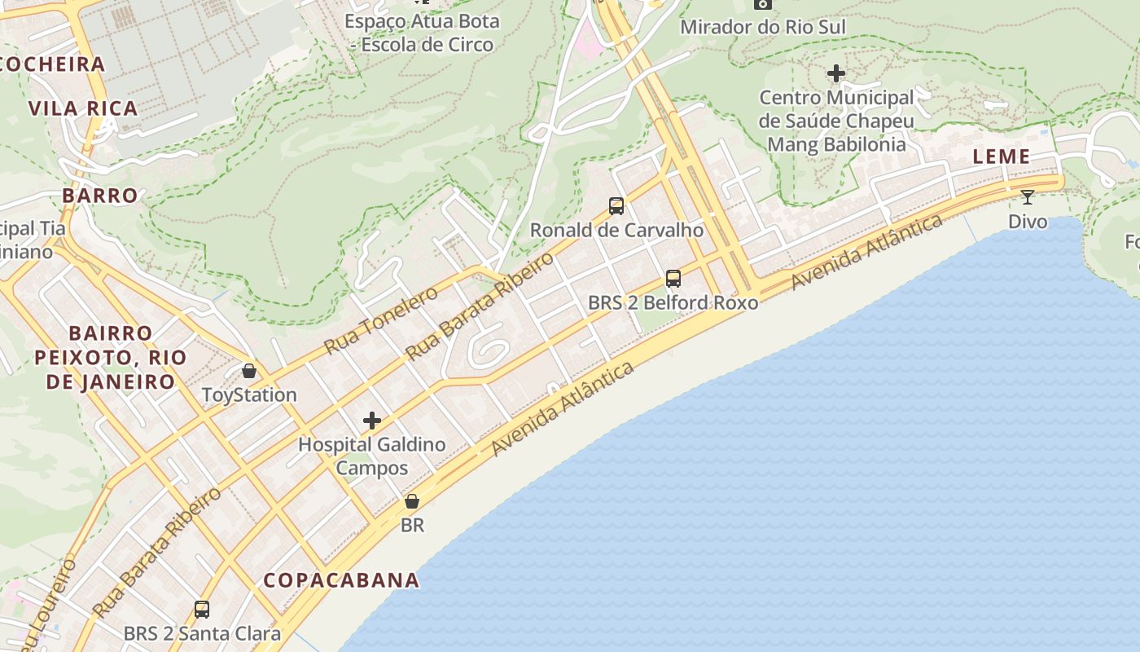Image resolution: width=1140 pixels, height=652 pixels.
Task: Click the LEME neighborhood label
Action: (1002, 156)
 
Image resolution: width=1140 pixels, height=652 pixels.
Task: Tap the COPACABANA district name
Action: (341, 580)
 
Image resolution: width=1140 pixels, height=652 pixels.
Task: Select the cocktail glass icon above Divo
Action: (1028, 196)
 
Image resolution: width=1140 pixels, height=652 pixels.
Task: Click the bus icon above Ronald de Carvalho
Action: (616, 205)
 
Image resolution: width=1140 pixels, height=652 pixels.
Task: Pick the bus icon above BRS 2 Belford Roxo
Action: (673, 278)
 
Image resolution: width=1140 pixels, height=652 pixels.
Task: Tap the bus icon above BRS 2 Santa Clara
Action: (202, 609)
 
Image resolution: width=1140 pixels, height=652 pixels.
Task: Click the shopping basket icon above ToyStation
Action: (249, 371)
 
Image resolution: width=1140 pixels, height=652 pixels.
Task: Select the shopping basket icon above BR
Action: (412, 501)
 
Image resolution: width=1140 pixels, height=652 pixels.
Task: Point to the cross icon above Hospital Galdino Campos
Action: (372, 421)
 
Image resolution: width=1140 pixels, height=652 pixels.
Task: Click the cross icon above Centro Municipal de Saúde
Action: (836, 73)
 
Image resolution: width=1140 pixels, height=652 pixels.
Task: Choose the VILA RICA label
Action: (83, 108)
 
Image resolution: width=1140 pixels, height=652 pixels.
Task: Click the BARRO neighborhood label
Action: (100, 196)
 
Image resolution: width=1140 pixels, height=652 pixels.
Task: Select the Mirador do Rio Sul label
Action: (763, 27)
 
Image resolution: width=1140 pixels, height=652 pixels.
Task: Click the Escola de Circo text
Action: (427, 45)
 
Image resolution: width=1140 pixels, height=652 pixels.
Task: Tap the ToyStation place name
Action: (249, 395)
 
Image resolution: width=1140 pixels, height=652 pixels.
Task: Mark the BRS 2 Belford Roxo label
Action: (673, 303)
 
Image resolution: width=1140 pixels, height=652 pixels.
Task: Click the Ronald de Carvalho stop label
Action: (616, 230)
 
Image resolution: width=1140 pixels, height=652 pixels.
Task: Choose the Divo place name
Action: (1028, 222)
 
